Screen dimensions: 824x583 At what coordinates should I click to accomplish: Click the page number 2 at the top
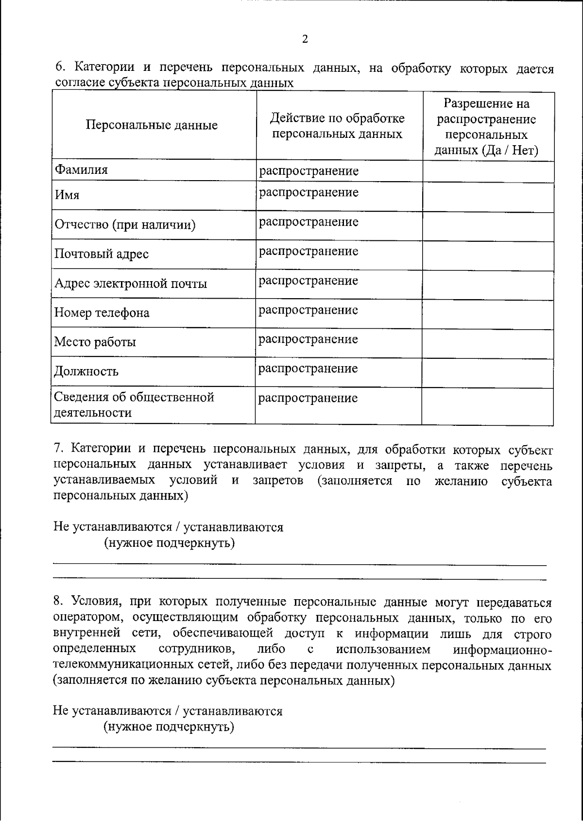pyautogui.click(x=305, y=39)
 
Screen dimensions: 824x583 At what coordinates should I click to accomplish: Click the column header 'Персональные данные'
pyautogui.click(x=152, y=125)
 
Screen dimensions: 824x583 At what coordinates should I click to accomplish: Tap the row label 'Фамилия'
pyautogui.click(x=81, y=170)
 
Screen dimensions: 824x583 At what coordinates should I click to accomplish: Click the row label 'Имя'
pyautogui.click(x=67, y=195)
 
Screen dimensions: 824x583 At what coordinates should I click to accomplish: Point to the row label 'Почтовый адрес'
pyautogui.click(x=102, y=254)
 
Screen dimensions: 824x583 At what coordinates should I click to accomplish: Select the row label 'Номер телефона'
pyautogui.click(x=102, y=313)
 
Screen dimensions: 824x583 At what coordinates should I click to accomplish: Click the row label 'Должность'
pyautogui.click(x=86, y=371)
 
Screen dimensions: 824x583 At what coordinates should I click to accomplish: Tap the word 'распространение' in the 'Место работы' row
pyautogui.click(x=308, y=339)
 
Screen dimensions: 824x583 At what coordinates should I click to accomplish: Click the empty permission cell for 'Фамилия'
pyautogui.click(x=488, y=171)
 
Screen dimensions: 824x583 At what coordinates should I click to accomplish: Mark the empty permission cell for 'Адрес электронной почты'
pyautogui.click(x=488, y=285)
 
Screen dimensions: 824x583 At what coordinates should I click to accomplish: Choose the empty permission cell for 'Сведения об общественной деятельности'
pyautogui.click(x=488, y=406)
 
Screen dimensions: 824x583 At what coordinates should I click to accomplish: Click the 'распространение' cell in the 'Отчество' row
pyautogui.click(x=309, y=222)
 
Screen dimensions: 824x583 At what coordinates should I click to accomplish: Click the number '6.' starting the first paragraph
pyautogui.click(x=60, y=67)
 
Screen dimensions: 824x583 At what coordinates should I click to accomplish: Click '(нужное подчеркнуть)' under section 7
pyautogui.click(x=170, y=542)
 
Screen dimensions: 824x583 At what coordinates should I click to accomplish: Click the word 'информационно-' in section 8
pyautogui.click(x=502, y=650)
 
